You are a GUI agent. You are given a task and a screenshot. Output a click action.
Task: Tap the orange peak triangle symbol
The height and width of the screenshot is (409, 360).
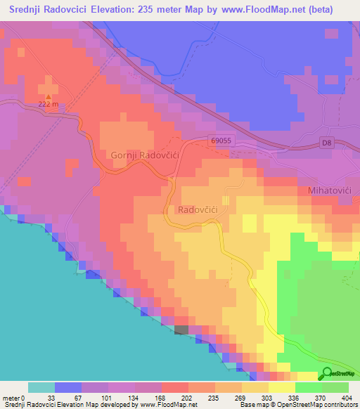click(48, 96)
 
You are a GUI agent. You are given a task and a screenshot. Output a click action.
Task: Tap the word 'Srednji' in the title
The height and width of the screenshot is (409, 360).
click(27, 9)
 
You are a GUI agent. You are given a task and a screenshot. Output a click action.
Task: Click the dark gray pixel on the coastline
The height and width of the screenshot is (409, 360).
click(181, 329)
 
